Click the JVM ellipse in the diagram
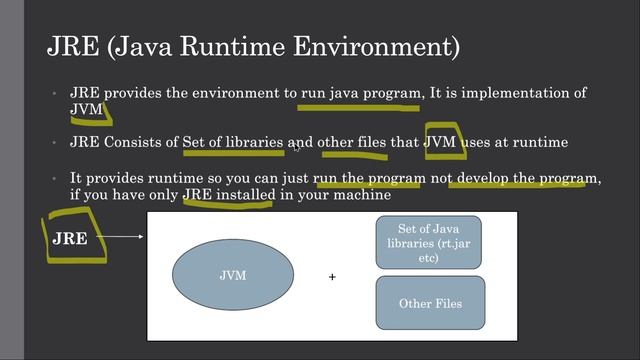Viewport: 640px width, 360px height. pos(233,275)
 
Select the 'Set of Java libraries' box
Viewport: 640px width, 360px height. pos(428,243)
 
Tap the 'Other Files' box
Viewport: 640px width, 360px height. pos(429,302)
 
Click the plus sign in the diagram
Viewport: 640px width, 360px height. pos(332,277)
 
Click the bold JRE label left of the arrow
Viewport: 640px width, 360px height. pos(70,239)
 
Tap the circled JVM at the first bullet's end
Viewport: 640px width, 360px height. pos(86,108)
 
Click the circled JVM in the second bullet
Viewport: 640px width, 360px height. pos(441,143)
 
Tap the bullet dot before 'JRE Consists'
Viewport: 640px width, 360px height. pos(56,143)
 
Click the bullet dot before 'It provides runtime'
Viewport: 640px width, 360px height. pos(56,178)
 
